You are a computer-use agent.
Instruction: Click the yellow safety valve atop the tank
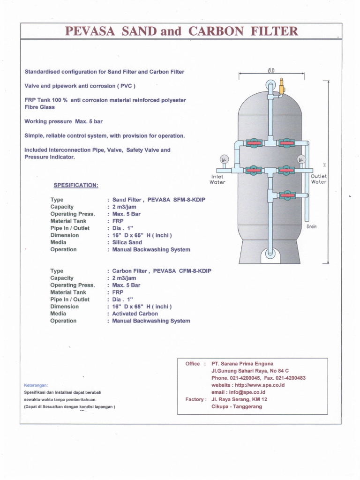tap(282, 87)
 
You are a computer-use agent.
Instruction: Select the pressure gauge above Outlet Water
tap(301, 159)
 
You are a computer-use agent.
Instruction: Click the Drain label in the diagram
tap(312, 226)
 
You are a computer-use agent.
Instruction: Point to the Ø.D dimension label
tap(271, 71)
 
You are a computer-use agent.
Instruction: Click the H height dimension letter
tap(324, 165)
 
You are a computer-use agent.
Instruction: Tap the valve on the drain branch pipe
tap(286, 194)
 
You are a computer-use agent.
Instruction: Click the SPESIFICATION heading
tap(76, 185)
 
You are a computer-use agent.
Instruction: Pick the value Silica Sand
tap(127, 242)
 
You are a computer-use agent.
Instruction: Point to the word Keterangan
tap(36, 385)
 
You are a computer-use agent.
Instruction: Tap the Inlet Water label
tap(217, 179)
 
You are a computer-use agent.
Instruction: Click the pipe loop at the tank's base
tap(270, 253)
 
